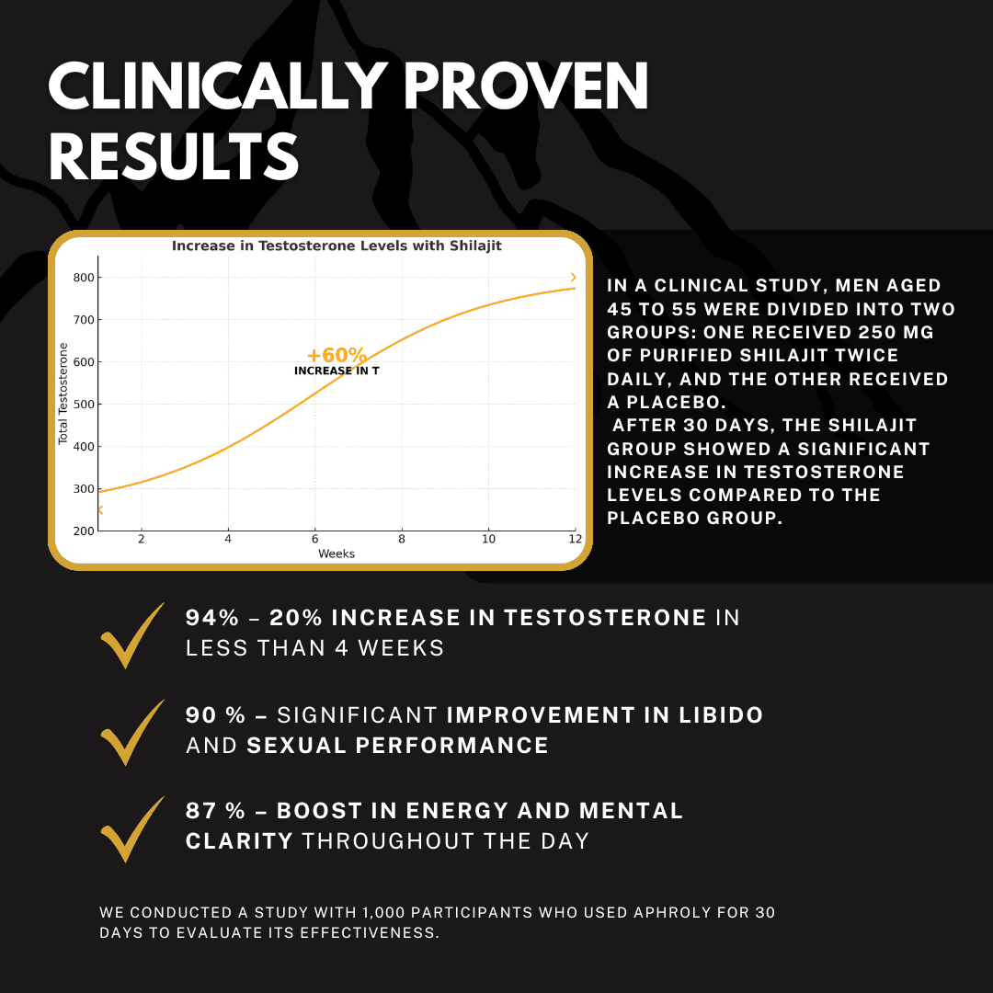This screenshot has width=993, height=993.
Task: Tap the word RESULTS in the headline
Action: pyautogui.click(x=174, y=157)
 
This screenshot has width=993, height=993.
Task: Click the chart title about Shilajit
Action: pyautogui.click(x=337, y=246)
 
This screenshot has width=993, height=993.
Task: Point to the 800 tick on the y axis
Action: pyautogui.click(x=83, y=278)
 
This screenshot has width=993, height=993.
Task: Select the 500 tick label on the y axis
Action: pyautogui.click(x=83, y=405)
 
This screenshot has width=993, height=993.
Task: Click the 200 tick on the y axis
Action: pyautogui.click(x=83, y=531)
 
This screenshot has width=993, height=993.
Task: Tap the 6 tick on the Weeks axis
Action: pyautogui.click(x=314, y=540)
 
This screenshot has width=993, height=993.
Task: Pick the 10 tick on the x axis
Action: pyautogui.click(x=488, y=540)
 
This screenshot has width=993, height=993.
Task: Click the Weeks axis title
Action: pyautogui.click(x=337, y=554)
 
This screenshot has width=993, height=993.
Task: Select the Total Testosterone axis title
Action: pyautogui.click(x=63, y=394)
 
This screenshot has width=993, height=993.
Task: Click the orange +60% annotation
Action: pyautogui.click(x=337, y=356)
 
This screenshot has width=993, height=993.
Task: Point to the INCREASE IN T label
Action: pyautogui.click(x=337, y=371)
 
